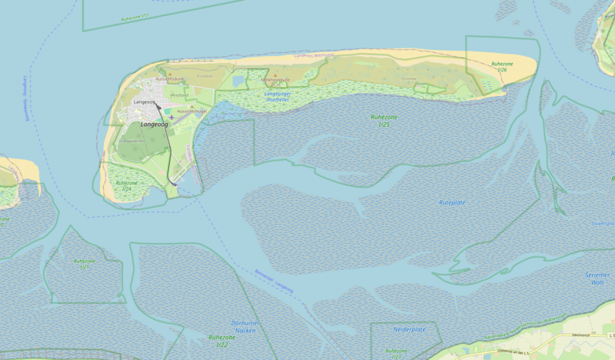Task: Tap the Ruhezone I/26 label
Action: coord(502,67)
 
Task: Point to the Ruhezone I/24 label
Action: coord(125,186)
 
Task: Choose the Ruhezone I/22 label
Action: coord(221,340)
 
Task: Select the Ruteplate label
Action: coord(453,202)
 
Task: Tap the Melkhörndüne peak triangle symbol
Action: coord(275,75)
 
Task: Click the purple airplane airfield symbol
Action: coord(171,117)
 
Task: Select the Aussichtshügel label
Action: coord(192,112)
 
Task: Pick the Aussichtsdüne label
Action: coord(170,79)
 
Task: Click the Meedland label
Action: coord(179,95)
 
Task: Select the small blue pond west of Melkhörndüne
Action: coord(238,80)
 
